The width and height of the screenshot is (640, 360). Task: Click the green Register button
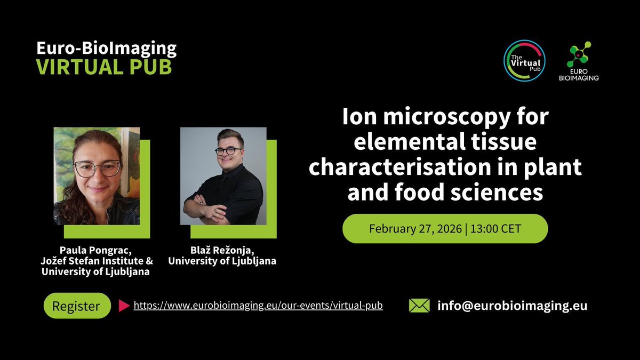77,306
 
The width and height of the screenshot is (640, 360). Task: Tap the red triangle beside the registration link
124,306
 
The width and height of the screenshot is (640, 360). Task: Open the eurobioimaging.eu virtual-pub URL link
258,306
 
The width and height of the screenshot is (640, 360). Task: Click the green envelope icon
419,306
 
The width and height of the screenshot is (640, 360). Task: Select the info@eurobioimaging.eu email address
512,306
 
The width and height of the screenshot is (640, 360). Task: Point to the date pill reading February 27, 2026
445,228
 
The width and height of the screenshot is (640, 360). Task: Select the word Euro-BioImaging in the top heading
106,49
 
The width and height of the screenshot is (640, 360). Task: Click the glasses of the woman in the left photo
98,169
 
